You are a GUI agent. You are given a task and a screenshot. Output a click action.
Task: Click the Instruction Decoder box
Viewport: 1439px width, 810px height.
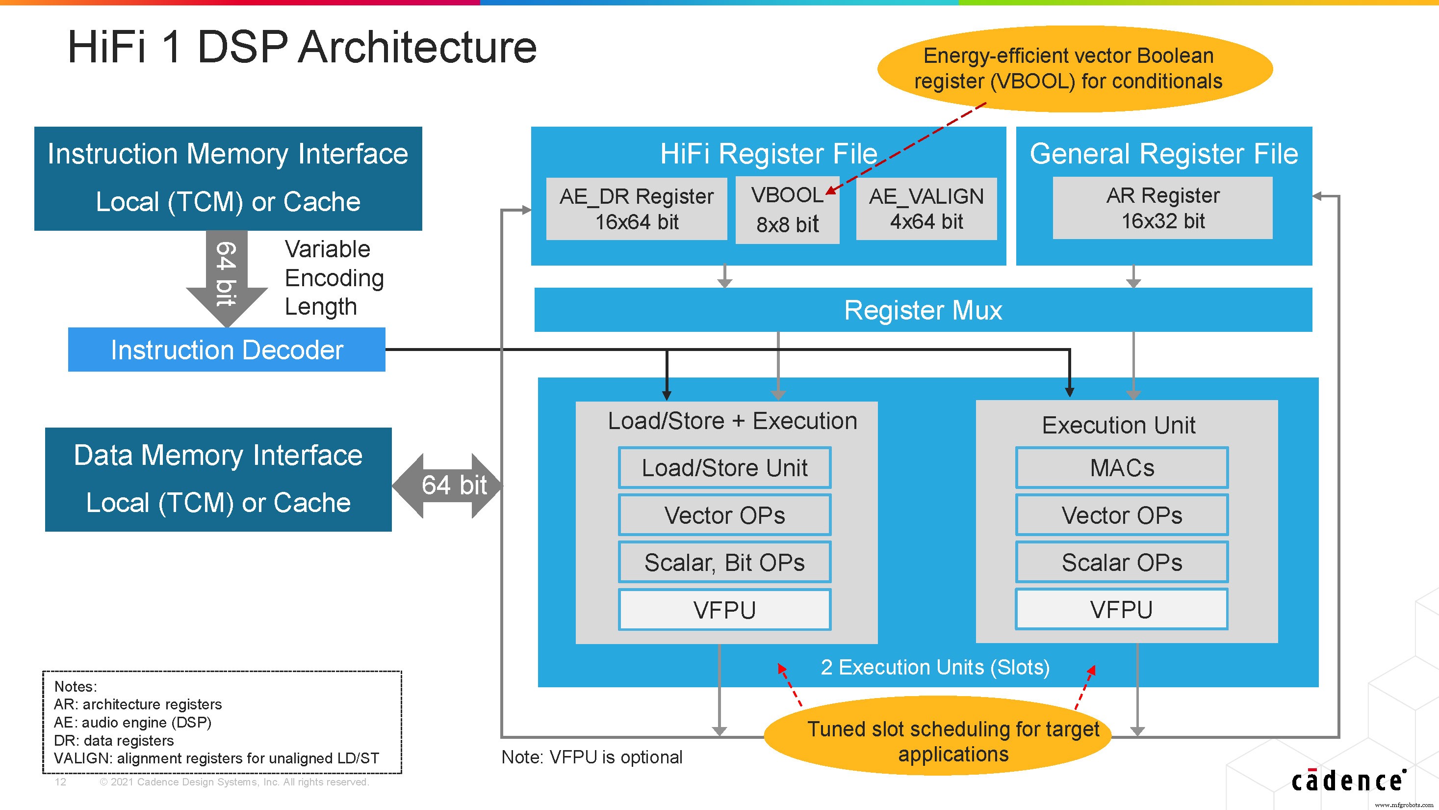[x=226, y=350]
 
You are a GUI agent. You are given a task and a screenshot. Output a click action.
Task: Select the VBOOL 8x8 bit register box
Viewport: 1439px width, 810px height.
[x=787, y=210]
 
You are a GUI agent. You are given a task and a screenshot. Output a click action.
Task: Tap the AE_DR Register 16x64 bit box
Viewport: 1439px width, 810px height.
[x=636, y=209]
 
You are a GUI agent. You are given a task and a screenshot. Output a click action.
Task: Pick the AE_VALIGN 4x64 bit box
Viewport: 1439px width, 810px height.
[x=926, y=209]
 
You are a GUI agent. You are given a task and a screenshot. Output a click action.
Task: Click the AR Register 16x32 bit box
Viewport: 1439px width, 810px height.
[x=1162, y=208]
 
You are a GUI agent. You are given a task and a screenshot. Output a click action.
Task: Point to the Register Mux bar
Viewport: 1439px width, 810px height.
[x=923, y=310]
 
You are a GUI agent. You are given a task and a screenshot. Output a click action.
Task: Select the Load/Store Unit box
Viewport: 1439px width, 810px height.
[x=724, y=468]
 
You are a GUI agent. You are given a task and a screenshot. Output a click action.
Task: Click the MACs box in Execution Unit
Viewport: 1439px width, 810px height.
[x=1122, y=468]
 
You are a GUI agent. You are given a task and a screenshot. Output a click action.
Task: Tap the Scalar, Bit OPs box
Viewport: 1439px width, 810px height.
[x=724, y=563]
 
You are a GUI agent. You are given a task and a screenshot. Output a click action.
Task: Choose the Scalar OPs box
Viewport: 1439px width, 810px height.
[x=1122, y=563]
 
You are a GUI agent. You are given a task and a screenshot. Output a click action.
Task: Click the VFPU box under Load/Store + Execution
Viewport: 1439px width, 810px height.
[x=724, y=610]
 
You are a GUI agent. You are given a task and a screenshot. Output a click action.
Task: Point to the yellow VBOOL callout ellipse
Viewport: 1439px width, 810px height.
[x=1074, y=69]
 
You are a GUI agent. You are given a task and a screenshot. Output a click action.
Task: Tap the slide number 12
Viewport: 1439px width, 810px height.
[x=60, y=782]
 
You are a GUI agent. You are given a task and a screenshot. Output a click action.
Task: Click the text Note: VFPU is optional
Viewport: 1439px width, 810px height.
[x=591, y=757]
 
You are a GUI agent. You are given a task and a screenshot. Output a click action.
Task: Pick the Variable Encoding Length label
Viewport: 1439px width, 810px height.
[x=334, y=278]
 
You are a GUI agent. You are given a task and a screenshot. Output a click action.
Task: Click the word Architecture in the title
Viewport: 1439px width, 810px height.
[x=417, y=47]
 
